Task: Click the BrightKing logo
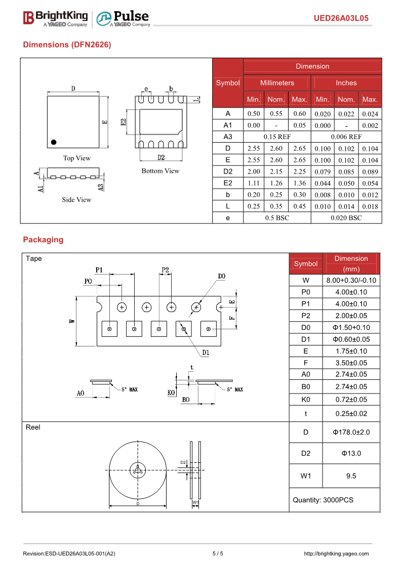click(x=55, y=18)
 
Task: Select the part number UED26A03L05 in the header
click(x=341, y=18)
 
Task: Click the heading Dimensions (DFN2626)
click(x=67, y=45)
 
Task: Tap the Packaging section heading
click(x=43, y=239)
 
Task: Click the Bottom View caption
click(x=160, y=171)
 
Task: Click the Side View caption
click(x=77, y=200)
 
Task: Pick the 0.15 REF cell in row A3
click(x=277, y=137)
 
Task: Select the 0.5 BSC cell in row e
click(x=277, y=218)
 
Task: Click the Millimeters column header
click(x=277, y=82)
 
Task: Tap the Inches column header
click(x=346, y=82)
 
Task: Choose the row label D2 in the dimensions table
click(x=228, y=171)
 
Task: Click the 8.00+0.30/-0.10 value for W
click(x=351, y=280)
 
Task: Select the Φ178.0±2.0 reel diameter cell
click(x=351, y=432)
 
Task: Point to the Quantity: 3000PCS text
click(x=323, y=500)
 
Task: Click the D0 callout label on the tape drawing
click(x=221, y=276)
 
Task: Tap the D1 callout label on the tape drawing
click(x=206, y=352)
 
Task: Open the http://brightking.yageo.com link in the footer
click(x=336, y=553)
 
